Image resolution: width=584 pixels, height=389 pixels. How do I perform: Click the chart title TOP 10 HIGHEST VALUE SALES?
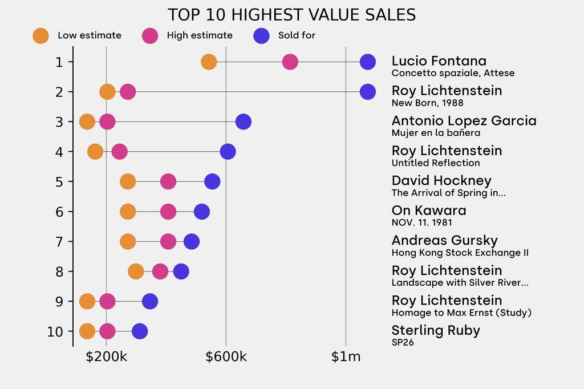point(291,14)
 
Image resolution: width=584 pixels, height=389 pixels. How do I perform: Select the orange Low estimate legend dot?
point(41,35)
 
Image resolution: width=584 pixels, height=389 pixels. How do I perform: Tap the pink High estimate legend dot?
point(150,35)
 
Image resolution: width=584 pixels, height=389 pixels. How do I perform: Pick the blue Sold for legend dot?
point(261,35)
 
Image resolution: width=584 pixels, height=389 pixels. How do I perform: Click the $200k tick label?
point(106,357)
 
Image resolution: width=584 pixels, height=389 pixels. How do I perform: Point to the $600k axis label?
point(226,357)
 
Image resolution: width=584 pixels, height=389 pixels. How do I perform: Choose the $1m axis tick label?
point(346,357)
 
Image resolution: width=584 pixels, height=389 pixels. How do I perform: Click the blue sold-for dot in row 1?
point(368,62)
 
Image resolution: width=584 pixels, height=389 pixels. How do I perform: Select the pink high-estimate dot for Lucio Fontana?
point(290,62)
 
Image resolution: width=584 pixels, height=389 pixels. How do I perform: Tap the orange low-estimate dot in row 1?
point(209,62)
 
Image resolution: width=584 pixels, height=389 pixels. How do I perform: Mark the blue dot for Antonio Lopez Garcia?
point(244,121)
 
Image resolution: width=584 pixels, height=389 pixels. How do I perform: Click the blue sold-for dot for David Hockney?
point(212,181)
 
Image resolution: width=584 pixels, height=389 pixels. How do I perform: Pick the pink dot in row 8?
point(160,272)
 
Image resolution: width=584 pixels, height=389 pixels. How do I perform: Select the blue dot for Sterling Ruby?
point(140,331)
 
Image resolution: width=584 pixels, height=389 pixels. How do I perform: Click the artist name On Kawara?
point(428,210)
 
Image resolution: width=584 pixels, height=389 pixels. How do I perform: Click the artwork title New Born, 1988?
point(427,103)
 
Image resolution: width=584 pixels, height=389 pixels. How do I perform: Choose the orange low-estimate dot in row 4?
point(95,152)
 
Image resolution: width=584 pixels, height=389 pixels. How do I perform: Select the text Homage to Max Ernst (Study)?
point(461,313)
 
